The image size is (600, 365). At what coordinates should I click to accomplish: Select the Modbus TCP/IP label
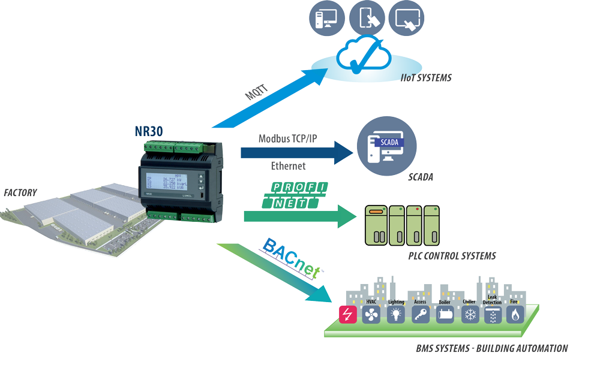pyautogui.click(x=287, y=138)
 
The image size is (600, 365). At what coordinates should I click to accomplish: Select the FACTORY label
pyautogui.click(x=20, y=193)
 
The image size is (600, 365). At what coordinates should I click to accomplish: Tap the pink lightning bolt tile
pyautogui.click(x=347, y=315)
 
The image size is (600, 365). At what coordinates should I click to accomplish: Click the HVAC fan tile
pyautogui.click(x=371, y=315)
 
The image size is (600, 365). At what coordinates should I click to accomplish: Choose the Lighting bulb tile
pyautogui.click(x=396, y=315)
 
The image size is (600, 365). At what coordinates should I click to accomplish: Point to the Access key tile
pyautogui.click(x=421, y=315)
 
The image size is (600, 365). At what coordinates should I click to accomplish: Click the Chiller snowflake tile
pyautogui.click(x=470, y=315)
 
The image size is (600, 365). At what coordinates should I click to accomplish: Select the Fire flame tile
pyautogui.click(x=515, y=315)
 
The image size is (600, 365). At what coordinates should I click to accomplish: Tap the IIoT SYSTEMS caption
pyautogui.click(x=426, y=78)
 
